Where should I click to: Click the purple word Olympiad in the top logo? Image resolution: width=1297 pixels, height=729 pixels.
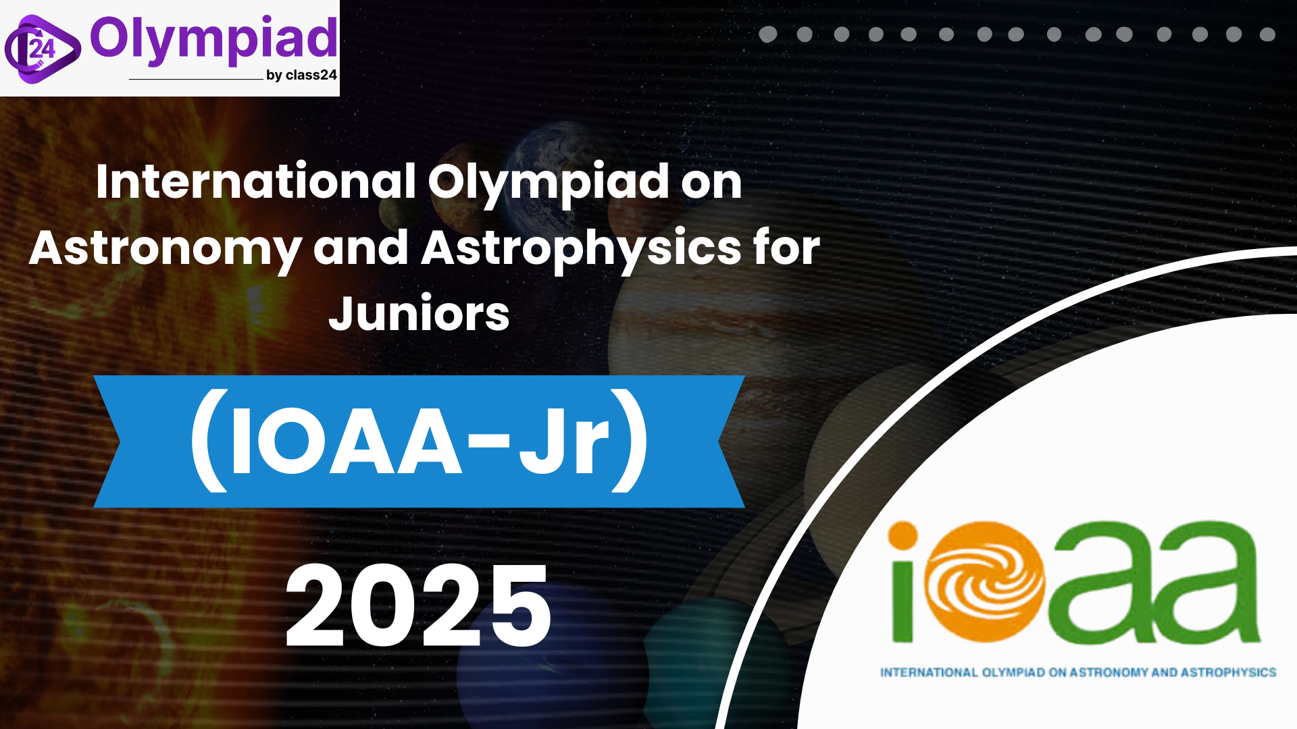(x=213, y=40)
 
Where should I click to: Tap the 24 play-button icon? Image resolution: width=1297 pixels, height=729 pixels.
(x=42, y=49)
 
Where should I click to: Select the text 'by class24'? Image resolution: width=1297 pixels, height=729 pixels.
(x=301, y=75)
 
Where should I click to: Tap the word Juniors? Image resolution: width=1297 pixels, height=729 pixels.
(x=419, y=314)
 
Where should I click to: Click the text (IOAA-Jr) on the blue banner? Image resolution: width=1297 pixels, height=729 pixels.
(x=419, y=441)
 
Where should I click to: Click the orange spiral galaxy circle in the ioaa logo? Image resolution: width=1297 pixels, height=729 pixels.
(x=984, y=582)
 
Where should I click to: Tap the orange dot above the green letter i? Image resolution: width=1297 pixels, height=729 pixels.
(x=902, y=536)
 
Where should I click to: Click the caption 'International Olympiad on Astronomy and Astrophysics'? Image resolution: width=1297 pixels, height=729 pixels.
(x=1078, y=672)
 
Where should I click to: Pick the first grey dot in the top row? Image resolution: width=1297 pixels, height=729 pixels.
(x=768, y=34)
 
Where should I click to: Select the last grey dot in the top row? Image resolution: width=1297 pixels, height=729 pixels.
(x=1267, y=34)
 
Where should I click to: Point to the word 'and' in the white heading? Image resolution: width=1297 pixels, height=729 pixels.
(x=361, y=247)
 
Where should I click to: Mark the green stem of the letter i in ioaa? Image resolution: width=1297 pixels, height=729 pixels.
(x=902, y=601)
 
